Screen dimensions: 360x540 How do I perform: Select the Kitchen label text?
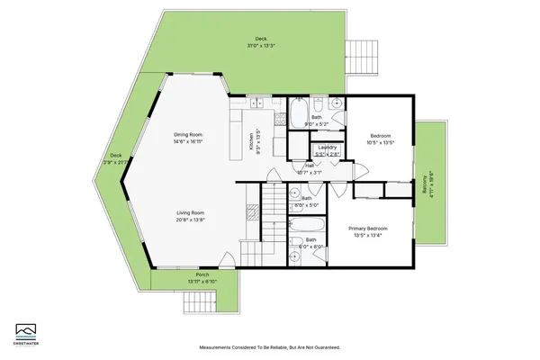(x=251, y=141)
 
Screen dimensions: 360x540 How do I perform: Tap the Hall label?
(x=310, y=165)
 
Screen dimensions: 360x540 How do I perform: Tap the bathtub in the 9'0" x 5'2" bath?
(x=299, y=112)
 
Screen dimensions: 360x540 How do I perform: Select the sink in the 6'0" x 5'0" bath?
(x=295, y=191)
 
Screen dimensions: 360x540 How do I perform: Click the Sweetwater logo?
(x=25, y=330)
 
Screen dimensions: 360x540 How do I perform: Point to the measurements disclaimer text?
(x=269, y=348)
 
